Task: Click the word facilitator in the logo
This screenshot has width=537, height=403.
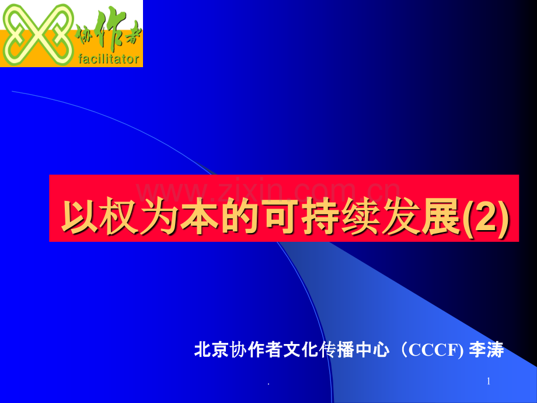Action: [x=108, y=58]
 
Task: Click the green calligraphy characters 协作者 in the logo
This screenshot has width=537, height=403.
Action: [x=108, y=34]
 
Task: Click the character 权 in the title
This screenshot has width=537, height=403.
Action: [x=120, y=217]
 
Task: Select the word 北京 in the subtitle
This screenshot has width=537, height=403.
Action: [x=211, y=350]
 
